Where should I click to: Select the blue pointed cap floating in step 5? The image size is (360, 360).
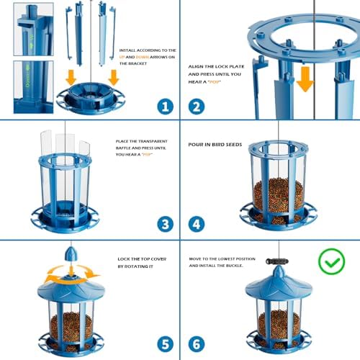point(69,256)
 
